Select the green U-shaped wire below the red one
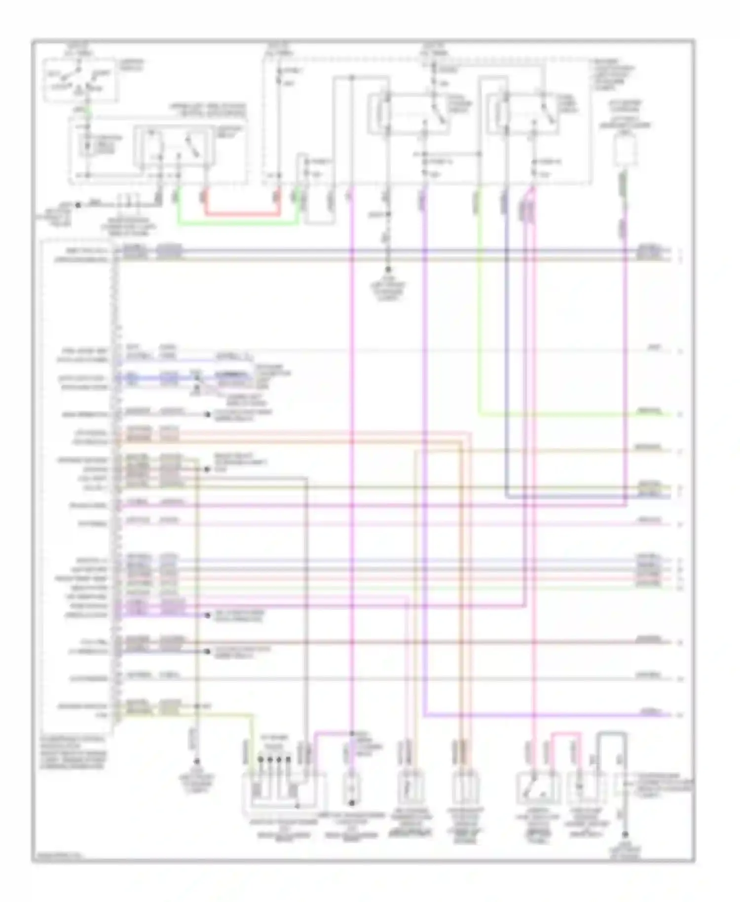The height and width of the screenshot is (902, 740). click(237, 224)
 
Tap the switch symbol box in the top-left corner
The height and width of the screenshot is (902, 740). click(80, 80)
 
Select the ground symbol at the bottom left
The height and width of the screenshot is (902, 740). click(196, 762)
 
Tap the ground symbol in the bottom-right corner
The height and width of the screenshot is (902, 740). click(625, 835)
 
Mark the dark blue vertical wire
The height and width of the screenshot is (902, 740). click(506, 345)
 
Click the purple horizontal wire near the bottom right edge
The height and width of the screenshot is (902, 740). click(543, 714)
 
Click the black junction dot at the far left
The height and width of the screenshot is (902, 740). click(77, 204)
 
